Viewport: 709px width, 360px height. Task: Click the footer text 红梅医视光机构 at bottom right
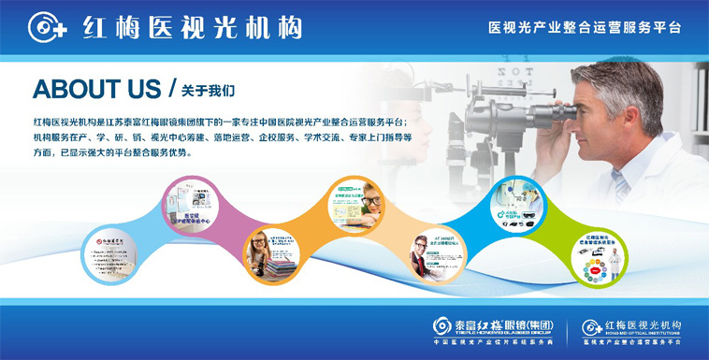(x=642, y=324)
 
